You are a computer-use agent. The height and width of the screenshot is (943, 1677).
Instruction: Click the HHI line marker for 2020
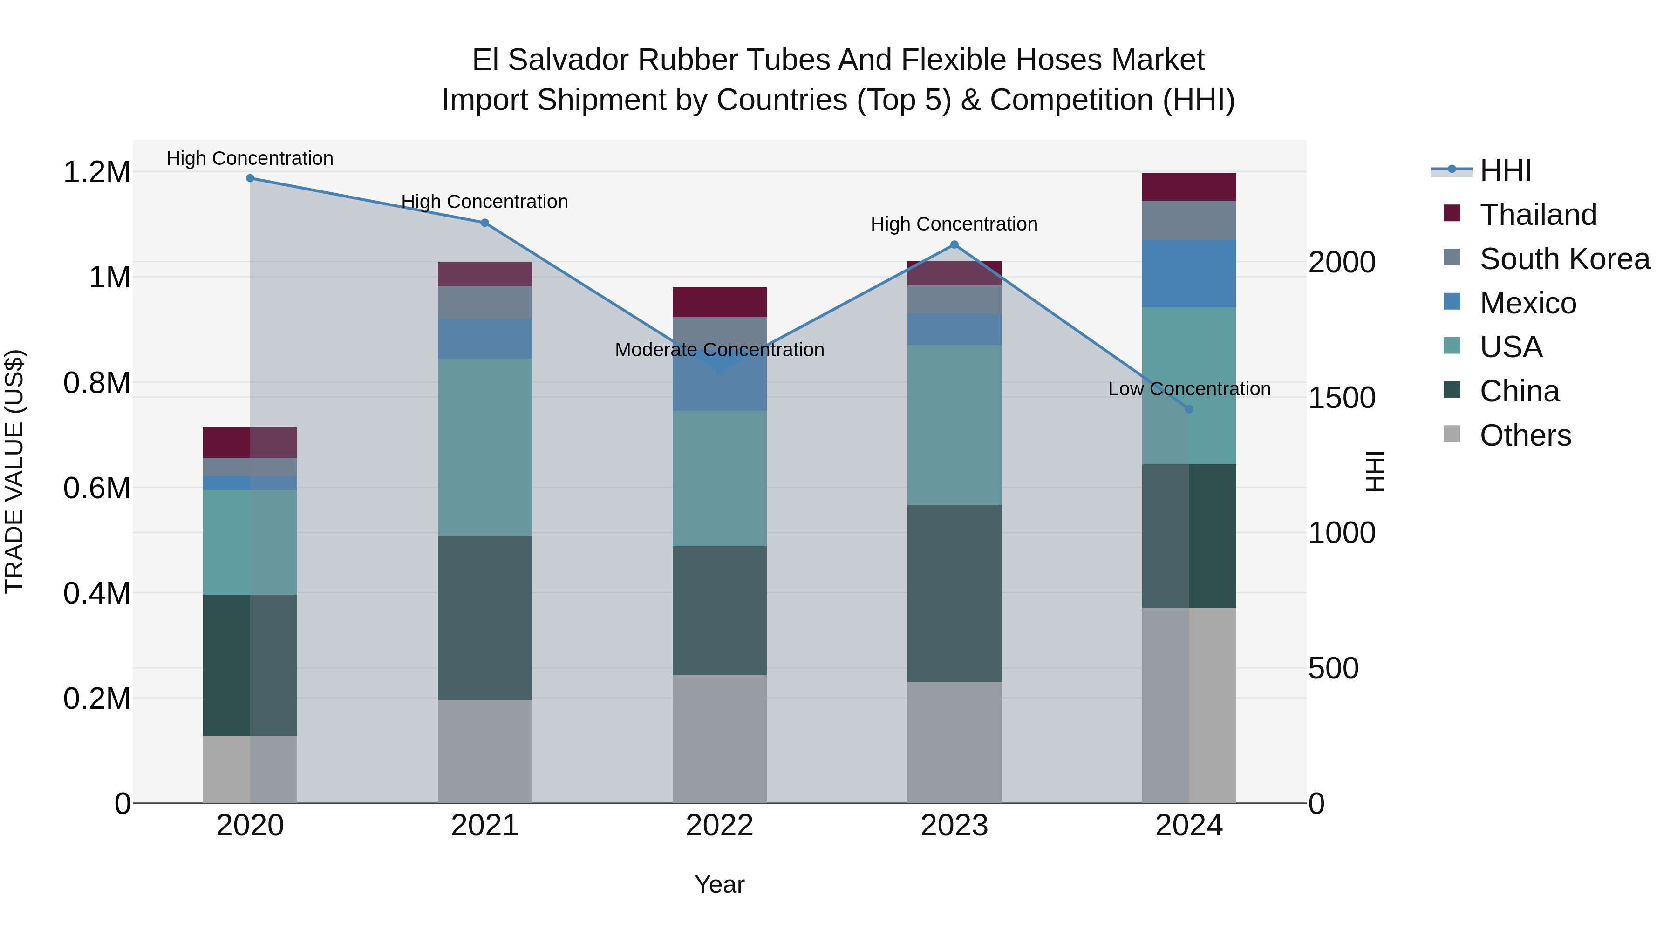[x=250, y=178]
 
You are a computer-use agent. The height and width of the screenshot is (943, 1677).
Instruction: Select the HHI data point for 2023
[x=954, y=244]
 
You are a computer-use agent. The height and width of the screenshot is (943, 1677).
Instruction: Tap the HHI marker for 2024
[x=1189, y=409]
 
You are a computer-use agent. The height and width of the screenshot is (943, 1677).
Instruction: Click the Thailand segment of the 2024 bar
[x=1189, y=187]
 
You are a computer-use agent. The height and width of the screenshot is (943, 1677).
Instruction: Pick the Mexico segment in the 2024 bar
[x=1189, y=274]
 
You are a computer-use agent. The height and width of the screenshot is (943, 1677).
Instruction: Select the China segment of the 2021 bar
[x=484, y=618]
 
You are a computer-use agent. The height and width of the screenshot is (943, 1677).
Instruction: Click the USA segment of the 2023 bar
[x=954, y=425]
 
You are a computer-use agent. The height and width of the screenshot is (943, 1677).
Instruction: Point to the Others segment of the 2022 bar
[x=719, y=739]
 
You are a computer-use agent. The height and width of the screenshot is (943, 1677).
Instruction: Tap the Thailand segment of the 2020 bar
[x=250, y=442]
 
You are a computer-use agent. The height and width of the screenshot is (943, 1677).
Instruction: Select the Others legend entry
[x=1525, y=435]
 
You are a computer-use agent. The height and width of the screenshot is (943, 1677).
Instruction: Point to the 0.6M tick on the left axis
[x=97, y=488]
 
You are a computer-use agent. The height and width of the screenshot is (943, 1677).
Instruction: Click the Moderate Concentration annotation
[x=719, y=350]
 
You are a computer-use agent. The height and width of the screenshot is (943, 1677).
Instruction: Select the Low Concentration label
[x=1189, y=389]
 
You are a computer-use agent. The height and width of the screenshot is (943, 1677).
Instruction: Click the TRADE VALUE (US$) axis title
[x=14, y=471]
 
